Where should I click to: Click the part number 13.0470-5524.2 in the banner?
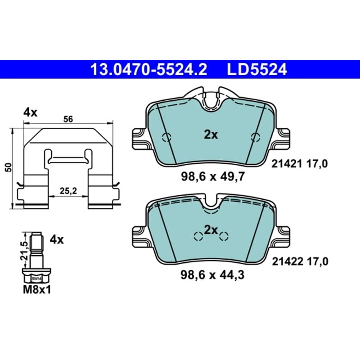149,69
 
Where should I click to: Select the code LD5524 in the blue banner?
257,69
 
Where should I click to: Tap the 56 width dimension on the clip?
68,119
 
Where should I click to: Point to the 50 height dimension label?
9,167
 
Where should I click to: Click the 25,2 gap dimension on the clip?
68,190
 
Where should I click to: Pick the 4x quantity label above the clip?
30,113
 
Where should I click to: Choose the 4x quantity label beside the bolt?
57,240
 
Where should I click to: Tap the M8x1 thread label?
37,290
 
